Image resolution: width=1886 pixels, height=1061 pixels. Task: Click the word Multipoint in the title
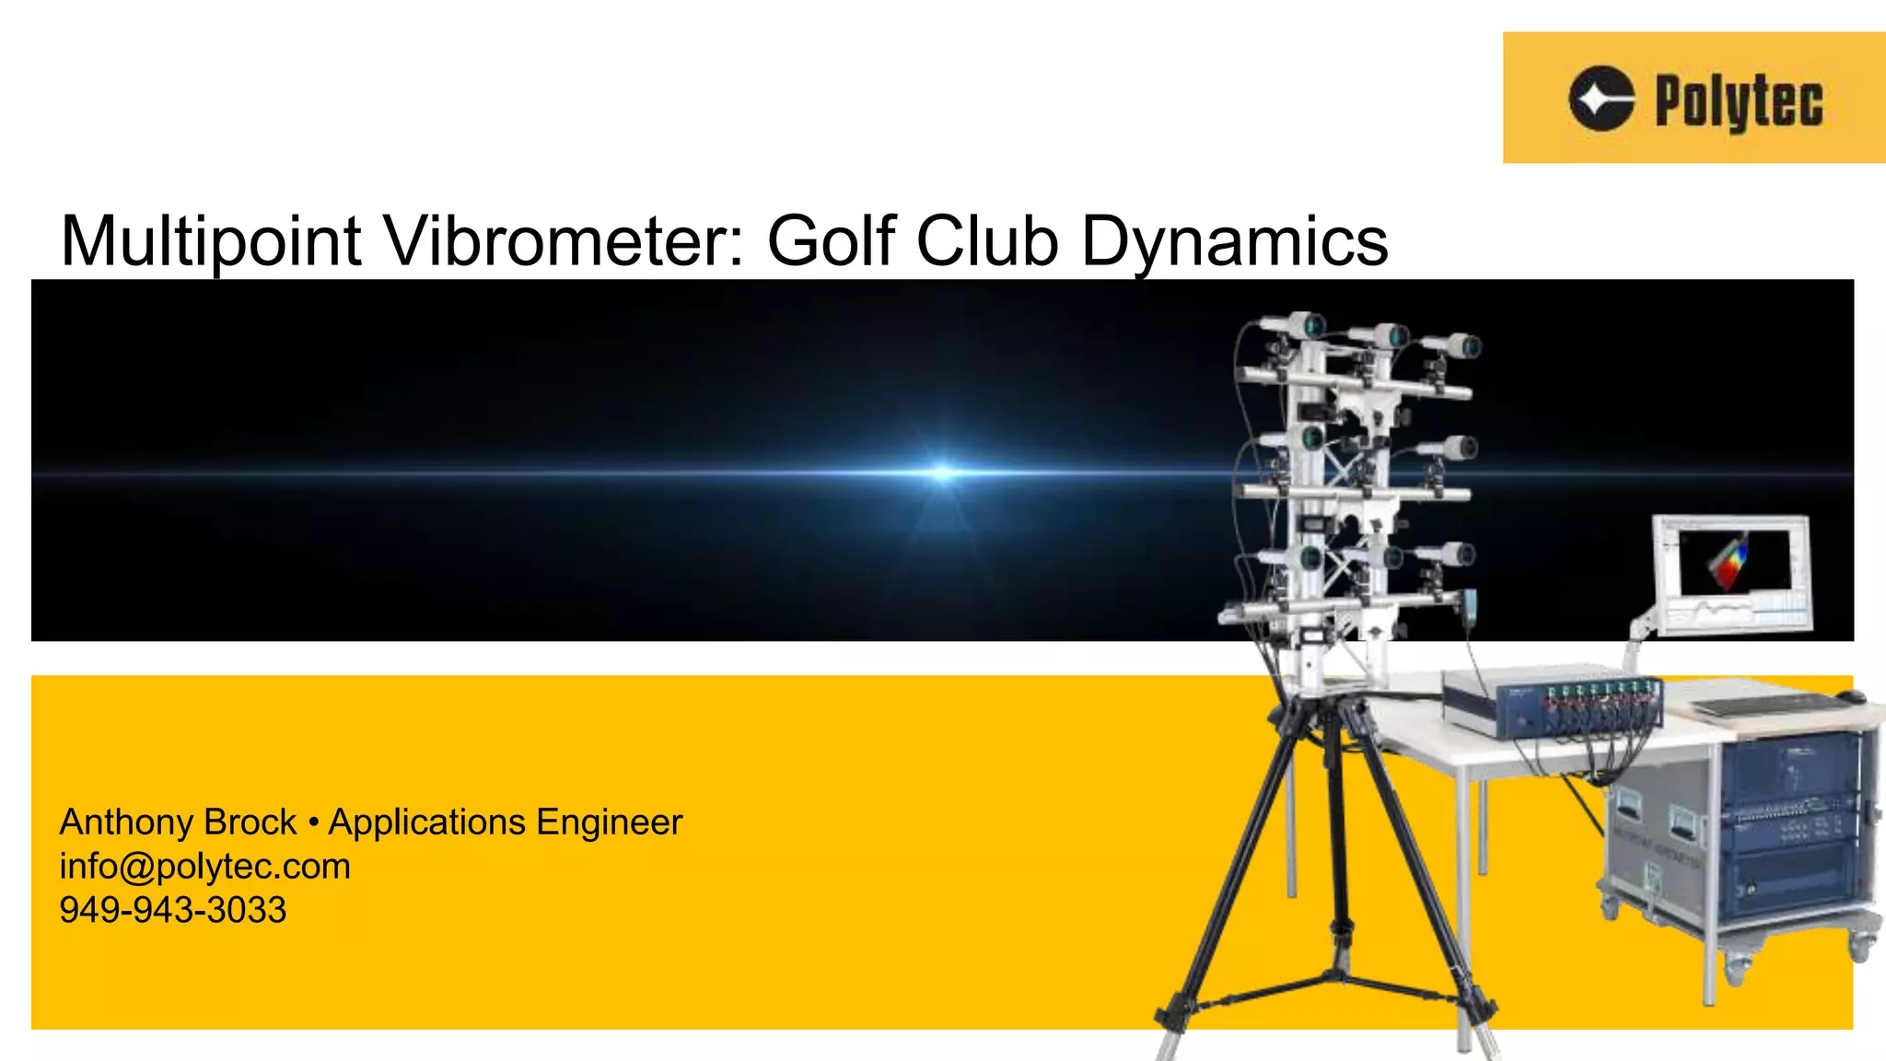[210, 241]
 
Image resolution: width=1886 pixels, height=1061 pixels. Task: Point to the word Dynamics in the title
[1234, 241]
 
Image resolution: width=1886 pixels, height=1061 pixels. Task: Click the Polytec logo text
[1739, 101]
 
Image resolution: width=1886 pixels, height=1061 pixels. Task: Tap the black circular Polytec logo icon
[1601, 99]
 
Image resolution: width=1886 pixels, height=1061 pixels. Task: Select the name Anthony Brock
[178, 822]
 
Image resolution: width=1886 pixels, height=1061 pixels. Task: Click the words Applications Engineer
[506, 822]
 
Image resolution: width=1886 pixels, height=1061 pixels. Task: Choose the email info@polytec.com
[204, 866]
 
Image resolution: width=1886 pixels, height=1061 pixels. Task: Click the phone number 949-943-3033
[173, 910]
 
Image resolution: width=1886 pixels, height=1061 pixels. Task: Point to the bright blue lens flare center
[941, 472]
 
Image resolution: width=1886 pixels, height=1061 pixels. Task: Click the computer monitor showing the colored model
[1732, 572]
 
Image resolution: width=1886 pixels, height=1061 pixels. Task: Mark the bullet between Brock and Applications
[313, 822]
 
